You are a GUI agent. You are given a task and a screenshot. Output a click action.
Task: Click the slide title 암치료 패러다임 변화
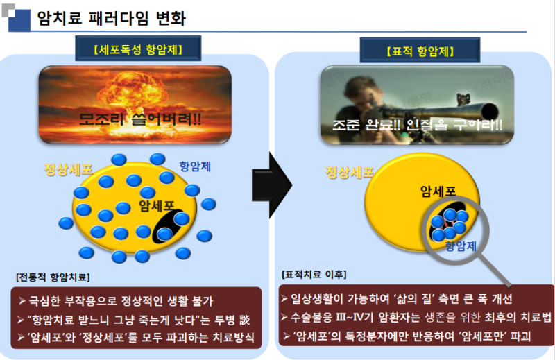click(x=111, y=18)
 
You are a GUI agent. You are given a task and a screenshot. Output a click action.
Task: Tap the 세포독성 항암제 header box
click(x=138, y=49)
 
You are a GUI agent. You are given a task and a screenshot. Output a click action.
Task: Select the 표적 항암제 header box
click(x=420, y=50)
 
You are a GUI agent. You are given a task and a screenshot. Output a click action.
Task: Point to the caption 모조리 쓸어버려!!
click(x=140, y=119)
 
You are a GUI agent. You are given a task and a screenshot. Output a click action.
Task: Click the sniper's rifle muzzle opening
click(x=490, y=112)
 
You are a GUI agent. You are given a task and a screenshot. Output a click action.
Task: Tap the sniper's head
click(x=358, y=93)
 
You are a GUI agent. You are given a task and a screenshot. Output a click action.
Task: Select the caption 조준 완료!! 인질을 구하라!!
click(x=417, y=125)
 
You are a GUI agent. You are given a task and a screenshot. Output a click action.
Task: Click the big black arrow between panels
click(x=272, y=185)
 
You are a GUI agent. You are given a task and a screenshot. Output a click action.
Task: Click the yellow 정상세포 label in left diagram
click(x=68, y=169)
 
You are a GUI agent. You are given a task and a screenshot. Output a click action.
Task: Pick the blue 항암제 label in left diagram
click(x=195, y=166)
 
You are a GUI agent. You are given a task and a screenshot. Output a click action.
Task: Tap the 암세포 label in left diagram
click(x=156, y=205)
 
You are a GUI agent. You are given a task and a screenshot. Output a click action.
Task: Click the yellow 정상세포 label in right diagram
click(x=350, y=173)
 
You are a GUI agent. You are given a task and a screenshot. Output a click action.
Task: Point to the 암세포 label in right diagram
click(x=438, y=191)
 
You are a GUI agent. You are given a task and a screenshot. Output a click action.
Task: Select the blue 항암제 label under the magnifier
click(x=461, y=246)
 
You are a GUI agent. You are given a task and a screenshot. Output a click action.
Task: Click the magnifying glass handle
click(x=496, y=270)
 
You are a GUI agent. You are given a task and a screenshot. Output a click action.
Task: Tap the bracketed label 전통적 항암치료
click(x=53, y=277)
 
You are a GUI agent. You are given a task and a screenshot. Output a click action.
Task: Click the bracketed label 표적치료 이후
click(x=314, y=275)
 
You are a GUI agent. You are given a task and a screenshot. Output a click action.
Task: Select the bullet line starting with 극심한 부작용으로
click(x=116, y=301)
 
